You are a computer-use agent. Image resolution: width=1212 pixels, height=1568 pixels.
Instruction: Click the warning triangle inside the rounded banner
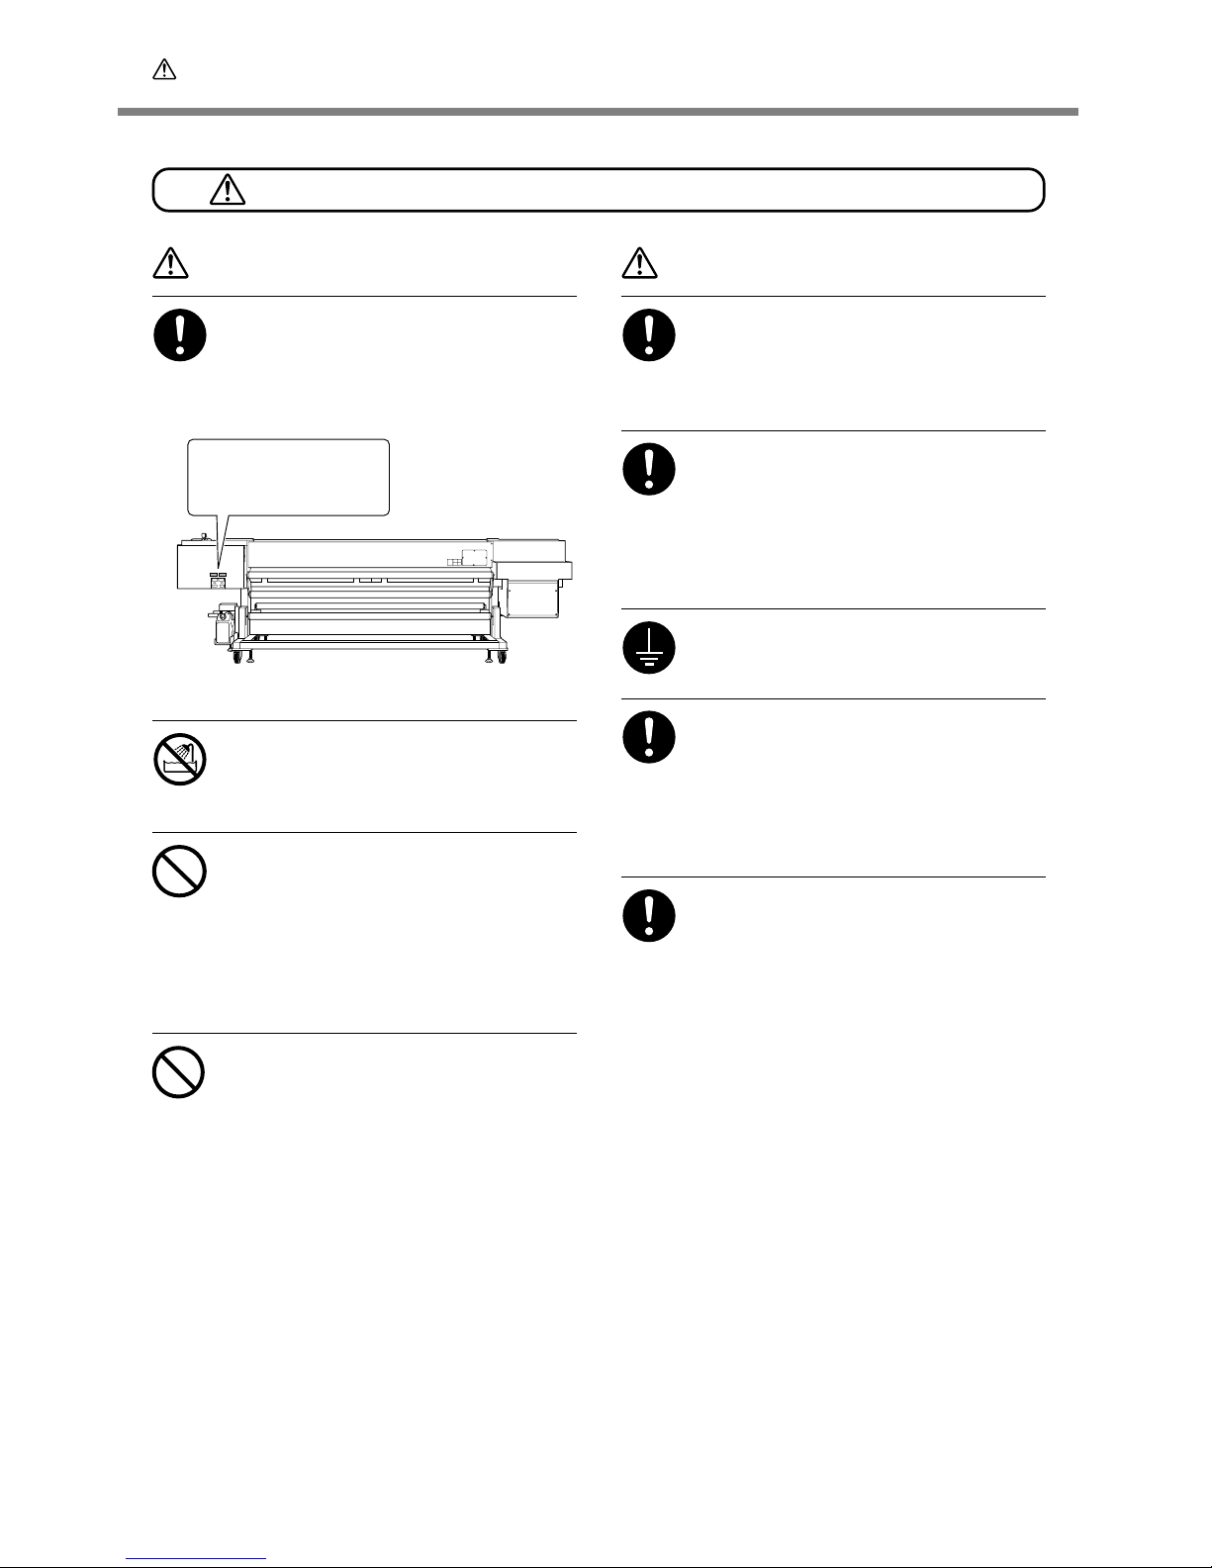[x=228, y=189]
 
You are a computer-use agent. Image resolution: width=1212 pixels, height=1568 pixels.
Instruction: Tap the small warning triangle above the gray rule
[x=164, y=69]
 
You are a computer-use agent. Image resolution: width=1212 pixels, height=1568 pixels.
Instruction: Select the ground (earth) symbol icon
[x=649, y=649]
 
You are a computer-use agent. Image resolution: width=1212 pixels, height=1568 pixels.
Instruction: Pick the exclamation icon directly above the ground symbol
[x=649, y=470]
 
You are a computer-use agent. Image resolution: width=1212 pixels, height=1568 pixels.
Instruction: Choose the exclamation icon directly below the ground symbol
[x=649, y=738]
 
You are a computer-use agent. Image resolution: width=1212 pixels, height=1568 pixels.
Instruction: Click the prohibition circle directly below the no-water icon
[x=179, y=874]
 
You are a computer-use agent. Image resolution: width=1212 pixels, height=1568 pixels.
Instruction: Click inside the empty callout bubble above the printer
[x=288, y=477]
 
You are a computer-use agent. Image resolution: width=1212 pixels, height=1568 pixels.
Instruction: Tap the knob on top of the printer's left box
[x=203, y=537]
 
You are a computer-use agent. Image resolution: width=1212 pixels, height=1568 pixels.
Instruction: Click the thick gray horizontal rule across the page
[x=598, y=112]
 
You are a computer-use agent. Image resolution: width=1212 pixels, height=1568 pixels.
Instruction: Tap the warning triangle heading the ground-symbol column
[x=640, y=262]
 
